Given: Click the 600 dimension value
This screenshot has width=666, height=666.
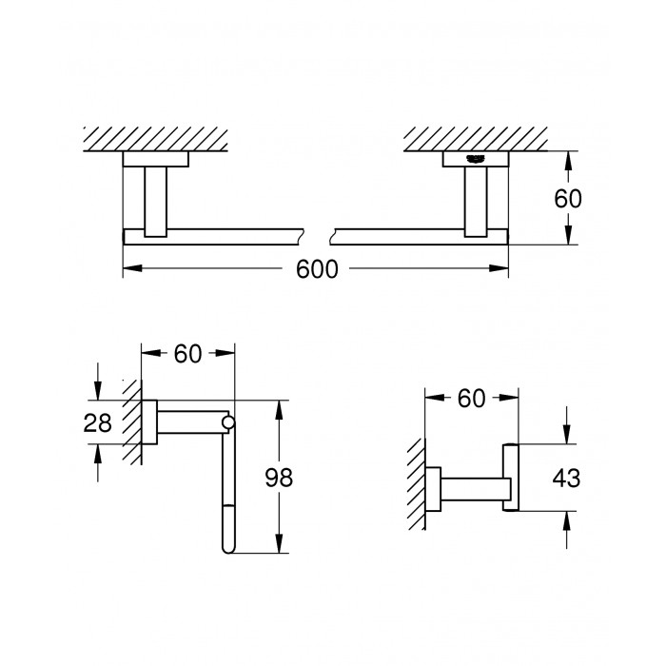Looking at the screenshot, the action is tap(317, 269).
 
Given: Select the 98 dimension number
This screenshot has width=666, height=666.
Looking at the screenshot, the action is tap(279, 478).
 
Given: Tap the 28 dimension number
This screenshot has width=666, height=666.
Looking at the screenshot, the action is tap(97, 423).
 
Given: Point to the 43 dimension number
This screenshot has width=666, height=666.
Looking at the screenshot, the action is tap(566, 478).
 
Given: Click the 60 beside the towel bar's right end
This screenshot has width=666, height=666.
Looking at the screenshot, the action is tap(568, 198).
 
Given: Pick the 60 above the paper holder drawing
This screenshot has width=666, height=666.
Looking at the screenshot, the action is tap(187, 354).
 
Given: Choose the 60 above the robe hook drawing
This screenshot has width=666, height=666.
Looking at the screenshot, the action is tap(471, 399).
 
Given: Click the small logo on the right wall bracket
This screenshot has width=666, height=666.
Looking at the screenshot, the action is tap(476, 159).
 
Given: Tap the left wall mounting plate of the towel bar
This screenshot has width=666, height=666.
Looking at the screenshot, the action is tap(155, 159).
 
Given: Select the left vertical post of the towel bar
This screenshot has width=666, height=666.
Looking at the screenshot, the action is tap(155, 202).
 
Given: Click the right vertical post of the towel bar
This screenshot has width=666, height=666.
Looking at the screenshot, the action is tap(476, 202).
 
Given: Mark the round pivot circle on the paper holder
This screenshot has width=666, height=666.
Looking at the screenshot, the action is tap(228, 422).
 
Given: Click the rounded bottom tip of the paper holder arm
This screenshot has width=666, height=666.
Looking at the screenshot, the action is tap(228, 549).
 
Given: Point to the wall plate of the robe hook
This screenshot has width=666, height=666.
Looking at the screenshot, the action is tap(433, 489).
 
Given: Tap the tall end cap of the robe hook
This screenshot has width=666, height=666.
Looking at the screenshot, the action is tap(511, 478).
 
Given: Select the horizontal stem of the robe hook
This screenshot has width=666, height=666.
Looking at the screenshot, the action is tap(476, 489).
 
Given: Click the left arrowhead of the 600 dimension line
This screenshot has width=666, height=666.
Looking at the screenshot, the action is tap(132, 268).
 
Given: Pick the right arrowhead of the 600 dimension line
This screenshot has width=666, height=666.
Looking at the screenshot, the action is tap(499, 268).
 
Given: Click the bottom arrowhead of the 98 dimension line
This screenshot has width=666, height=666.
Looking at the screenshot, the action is tap(279, 543).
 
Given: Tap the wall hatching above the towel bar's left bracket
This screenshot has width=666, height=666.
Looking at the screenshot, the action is tap(155, 139).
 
